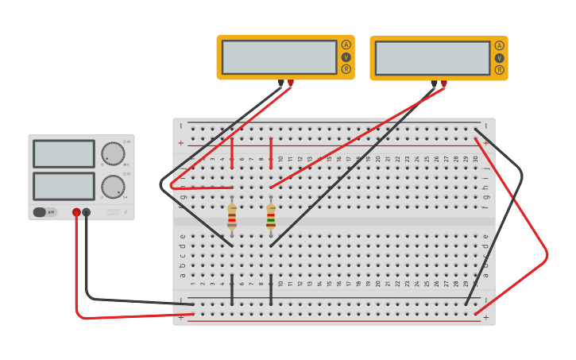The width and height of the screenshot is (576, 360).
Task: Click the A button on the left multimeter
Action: click(346, 45)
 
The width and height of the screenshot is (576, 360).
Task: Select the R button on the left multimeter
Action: click(346, 69)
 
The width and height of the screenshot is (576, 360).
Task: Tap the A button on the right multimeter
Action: click(499, 45)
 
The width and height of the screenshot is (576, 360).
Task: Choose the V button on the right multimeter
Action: click(499, 58)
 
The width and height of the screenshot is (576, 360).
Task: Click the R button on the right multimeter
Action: click(499, 70)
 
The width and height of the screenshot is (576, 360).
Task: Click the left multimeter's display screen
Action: click(279, 57)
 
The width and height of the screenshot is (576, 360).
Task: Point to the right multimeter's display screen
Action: click(432, 58)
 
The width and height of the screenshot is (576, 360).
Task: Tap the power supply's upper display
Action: click(64, 153)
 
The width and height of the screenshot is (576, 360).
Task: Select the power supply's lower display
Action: click(64, 186)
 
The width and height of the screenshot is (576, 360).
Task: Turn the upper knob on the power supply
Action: click(113, 153)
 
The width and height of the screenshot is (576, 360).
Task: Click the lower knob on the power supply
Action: click(113, 187)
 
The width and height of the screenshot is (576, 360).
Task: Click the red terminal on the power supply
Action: click(76, 212)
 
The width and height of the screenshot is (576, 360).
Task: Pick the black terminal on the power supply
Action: click(87, 212)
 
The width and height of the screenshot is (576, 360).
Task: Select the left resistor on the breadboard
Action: click(232, 216)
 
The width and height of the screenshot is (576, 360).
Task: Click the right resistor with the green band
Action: click(271, 216)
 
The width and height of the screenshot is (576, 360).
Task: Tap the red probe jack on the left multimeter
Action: click(291, 83)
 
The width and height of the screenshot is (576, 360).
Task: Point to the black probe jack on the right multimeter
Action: click(434, 83)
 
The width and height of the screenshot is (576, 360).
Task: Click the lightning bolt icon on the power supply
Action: click(125, 212)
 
